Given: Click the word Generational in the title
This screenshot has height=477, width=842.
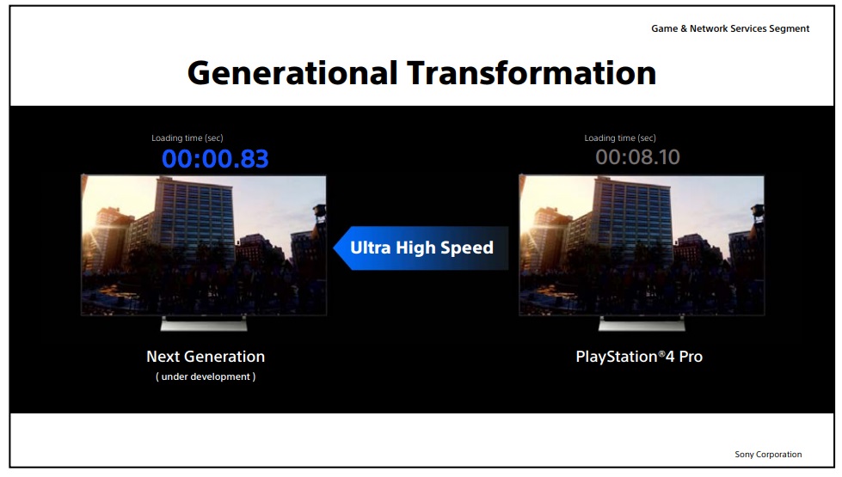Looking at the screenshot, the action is point(292,74).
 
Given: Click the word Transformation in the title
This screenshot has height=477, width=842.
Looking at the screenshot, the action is point(532,73).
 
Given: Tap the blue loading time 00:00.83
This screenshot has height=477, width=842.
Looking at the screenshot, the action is point(215,159).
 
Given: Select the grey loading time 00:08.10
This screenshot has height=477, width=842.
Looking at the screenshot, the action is point(637,157).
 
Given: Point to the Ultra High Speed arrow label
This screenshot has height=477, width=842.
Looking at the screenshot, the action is point(421,248).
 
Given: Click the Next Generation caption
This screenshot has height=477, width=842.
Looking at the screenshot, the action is point(206,357).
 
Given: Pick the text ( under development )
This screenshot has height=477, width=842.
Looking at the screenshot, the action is point(206,376).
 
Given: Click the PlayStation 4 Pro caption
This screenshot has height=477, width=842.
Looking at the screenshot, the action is point(639,357).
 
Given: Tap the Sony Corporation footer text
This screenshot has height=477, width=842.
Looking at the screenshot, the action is point(768,455).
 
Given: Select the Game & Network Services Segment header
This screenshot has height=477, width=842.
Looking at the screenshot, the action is point(730,29).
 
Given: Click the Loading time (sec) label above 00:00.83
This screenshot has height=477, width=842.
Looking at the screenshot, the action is point(187,138).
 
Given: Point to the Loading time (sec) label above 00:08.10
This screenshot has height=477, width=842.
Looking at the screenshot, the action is point(620,138).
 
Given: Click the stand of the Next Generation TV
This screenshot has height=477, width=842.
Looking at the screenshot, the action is point(204,323).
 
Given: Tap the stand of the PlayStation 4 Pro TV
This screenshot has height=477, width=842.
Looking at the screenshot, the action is point(642,323).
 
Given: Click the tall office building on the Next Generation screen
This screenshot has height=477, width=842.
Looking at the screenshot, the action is point(194,220).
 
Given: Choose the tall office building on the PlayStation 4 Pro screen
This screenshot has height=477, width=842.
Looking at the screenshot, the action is point(632,220).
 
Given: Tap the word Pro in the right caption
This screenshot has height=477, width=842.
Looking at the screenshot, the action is point(691,357).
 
